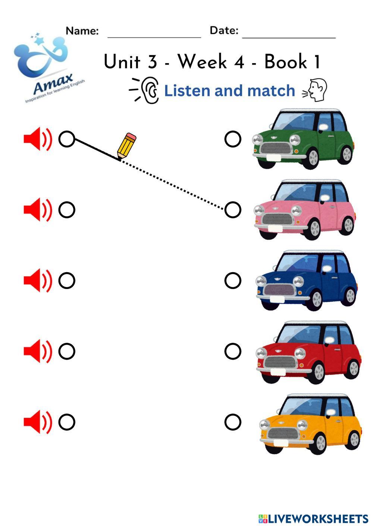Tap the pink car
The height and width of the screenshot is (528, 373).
(304, 210)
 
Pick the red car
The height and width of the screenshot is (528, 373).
(308, 352)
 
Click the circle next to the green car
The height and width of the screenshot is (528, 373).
(233, 139)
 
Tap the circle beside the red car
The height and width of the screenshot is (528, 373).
(233, 351)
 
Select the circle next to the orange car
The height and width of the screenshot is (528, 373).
(233, 422)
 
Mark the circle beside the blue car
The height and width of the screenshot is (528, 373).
(233, 280)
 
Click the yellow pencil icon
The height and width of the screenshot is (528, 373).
(126, 146)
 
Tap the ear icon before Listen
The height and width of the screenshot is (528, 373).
(150, 90)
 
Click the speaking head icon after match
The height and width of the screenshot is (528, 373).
(316, 90)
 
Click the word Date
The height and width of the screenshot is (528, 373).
(224, 31)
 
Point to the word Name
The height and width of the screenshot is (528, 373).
(82, 31)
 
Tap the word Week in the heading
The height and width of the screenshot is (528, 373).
(202, 62)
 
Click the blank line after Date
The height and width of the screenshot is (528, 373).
(289, 37)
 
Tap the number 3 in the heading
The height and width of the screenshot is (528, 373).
(152, 62)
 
